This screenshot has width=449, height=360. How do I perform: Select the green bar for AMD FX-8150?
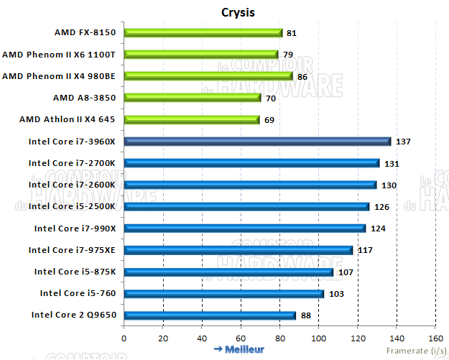pyautogui.click(x=203, y=32)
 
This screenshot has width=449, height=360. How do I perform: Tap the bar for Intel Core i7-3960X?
pyautogui.click(x=257, y=142)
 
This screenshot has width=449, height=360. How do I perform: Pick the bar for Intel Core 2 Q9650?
pyautogui.click(x=210, y=315)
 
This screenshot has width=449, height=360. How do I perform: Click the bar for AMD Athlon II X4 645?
pyautogui.click(x=192, y=119)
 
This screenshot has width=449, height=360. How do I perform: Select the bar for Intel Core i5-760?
pyautogui.click(x=224, y=293)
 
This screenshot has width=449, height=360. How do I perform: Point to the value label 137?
pyautogui.click(x=403, y=142)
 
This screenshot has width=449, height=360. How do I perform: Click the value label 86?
pyautogui.click(x=303, y=76)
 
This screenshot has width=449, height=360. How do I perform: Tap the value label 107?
pyautogui.click(x=345, y=272)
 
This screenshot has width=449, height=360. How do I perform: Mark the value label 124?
pyautogui.click(x=378, y=229)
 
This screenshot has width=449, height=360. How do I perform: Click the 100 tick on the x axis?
pyautogui.click(x=318, y=338)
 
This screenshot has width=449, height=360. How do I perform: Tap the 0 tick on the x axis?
pyautogui.click(x=124, y=338)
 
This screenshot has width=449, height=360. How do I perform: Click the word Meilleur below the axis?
pyautogui.click(x=244, y=350)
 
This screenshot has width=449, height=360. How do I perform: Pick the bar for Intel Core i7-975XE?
pyautogui.click(x=238, y=250)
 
